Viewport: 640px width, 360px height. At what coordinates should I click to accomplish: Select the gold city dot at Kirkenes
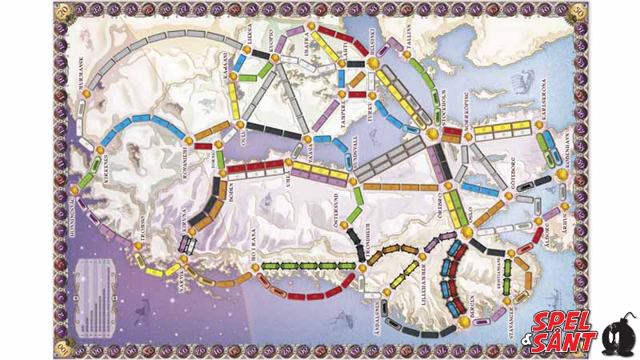[100, 150]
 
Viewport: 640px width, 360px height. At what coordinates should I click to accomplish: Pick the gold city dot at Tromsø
[142, 236]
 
